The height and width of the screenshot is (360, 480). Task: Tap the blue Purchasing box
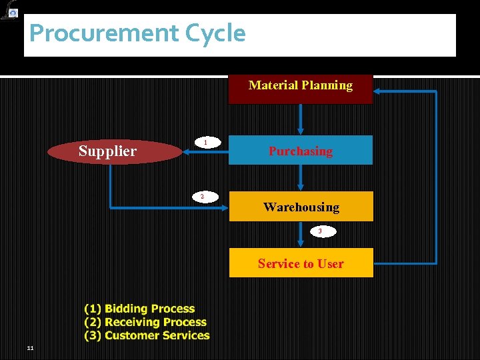[x=301, y=151]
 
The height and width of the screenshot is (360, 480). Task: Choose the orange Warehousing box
[x=301, y=207]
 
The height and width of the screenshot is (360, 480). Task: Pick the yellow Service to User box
[x=301, y=263]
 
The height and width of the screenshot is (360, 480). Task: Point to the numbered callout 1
[x=206, y=143]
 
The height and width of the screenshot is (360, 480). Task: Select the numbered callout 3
[x=320, y=231]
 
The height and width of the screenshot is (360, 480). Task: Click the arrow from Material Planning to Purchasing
[x=301, y=120]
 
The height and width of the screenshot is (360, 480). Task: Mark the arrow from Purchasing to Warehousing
[x=301, y=178]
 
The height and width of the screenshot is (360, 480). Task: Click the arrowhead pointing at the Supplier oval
[x=186, y=153]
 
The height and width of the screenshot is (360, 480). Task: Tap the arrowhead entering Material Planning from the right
[x=377, y=93]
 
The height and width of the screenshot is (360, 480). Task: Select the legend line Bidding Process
[x=140, y=309]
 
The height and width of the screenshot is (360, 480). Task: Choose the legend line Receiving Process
[x=145, y=322]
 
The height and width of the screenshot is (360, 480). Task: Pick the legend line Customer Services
[x=147, y=335]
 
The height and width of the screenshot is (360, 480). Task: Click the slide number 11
[x=31, y=348]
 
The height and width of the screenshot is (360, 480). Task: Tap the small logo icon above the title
[x=10, y=10]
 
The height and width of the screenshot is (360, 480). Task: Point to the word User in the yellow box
[x=331, y=263]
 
